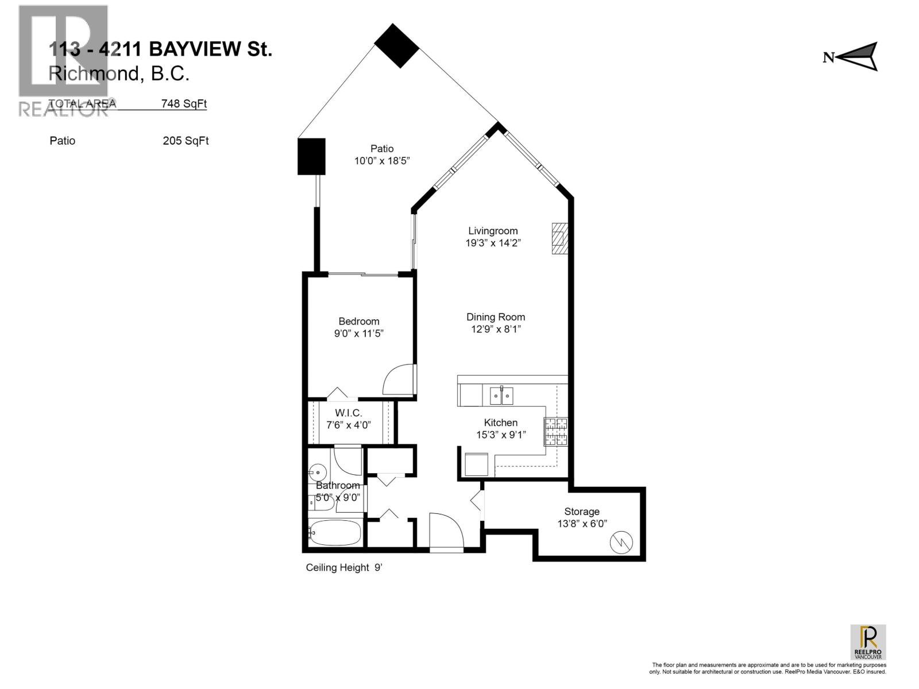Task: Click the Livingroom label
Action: [492, 231]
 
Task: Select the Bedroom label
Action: [358, 322]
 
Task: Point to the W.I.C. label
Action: [349, 413]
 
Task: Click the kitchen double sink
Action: [501, 396]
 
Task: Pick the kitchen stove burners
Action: [555, 432]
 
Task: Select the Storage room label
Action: [581, 512]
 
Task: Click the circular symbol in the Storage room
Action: [623, 542]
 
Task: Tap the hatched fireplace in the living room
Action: [559, 238]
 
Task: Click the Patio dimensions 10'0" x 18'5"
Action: [381, 161]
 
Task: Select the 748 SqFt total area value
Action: [184, 104]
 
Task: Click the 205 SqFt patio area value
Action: [185, 141]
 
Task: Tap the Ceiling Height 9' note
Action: [344, 568]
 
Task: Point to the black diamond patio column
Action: [397, 46]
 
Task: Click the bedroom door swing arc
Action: [397, 379]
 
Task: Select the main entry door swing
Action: [446, 532]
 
